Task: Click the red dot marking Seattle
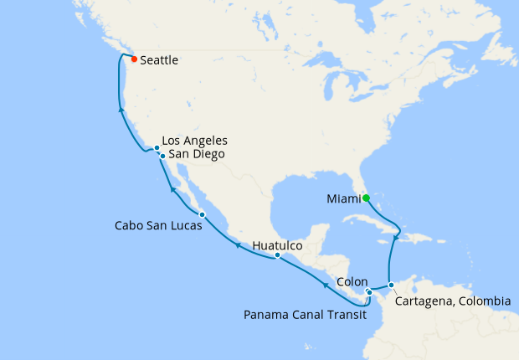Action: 134,59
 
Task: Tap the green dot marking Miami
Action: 366,198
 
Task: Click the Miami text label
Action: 344,198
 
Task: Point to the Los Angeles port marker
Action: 157,148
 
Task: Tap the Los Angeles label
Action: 194,140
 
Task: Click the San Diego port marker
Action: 162,156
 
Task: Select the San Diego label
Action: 196,154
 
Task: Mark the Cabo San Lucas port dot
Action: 202,215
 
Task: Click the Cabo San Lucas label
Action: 157,226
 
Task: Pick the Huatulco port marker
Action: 277,255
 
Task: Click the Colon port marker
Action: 369,292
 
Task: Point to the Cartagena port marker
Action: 391,285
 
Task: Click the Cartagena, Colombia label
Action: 453,301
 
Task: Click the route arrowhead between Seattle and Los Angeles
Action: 121,109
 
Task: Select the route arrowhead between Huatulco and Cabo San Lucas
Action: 237,245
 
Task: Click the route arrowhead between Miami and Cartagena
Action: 395,236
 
